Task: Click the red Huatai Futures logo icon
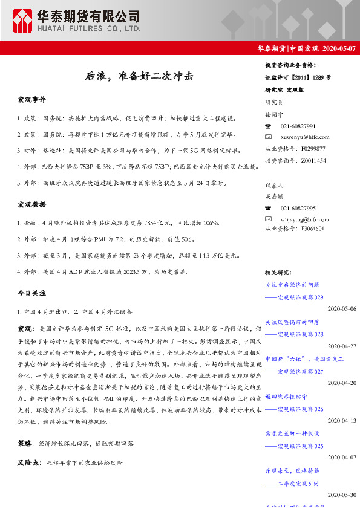click(24, 21)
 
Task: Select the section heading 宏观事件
click(32, 99)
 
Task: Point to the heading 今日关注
click(32, 293)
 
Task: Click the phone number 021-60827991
click(298, 126)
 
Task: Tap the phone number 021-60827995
click(298, 208)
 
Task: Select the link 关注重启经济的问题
click(292, 284)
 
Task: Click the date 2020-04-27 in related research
click(342, 346)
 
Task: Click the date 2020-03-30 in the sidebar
click(342, 494)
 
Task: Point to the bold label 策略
click(25, 443)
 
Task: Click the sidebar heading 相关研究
click(279, 273)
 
